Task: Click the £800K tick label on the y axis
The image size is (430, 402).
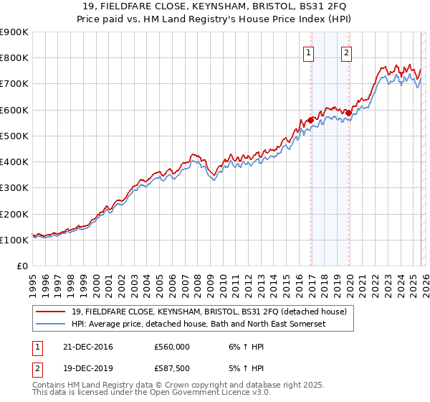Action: (x=14, y=58)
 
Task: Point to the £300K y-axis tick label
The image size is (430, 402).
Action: (x=14, y=188)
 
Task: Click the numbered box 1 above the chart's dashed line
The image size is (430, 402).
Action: (x=309, y=52)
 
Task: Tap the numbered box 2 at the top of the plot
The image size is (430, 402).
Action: (x=346, y=52)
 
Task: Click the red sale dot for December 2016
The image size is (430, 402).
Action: (x=310, y=120)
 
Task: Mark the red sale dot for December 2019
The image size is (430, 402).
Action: (x=348, y=113)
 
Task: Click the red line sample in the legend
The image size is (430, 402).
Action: (x=52, y=312)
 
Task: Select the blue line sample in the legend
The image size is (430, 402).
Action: (x=52, y=324)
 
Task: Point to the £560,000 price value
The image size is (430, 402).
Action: (x=172, y=346)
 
